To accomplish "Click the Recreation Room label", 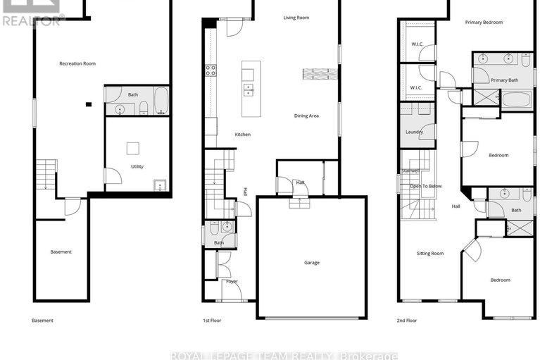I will pos(77,63).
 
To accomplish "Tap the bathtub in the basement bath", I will pos(161,101).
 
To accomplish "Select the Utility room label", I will pos(137,167).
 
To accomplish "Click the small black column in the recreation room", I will pos(88,105).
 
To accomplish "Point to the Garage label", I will pos(312,263).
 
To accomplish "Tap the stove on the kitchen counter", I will pos(210,70).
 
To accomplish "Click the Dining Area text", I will pos(306,116).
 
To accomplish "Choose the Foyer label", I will pos(232,281).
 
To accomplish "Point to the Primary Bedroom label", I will pos(484,23).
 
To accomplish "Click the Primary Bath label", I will pos(504,80).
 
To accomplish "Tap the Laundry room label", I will pos(414,132).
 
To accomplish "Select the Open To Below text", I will pos(426,186).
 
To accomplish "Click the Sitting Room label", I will pos(430,253).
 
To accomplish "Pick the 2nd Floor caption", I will pos(407,321).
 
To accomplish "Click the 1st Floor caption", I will pos(212,321).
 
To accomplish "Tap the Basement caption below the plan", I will pos(42,321).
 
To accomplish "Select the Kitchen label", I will pos(242,135).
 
